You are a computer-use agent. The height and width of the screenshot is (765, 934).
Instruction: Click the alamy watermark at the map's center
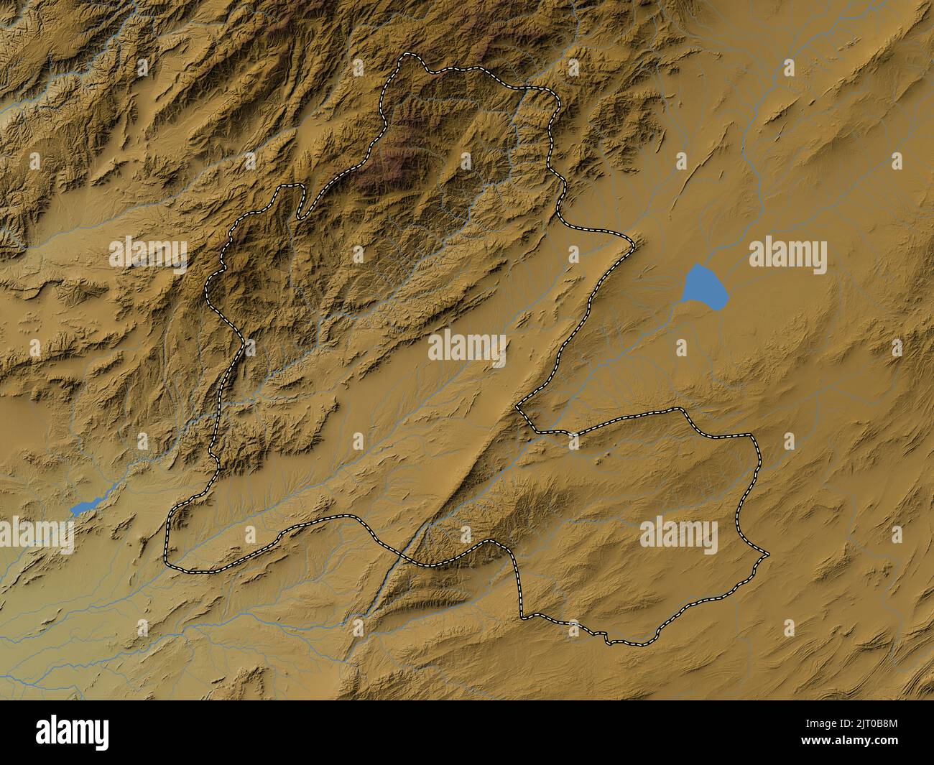point(467,346)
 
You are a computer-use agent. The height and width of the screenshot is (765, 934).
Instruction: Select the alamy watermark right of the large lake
point(787,256)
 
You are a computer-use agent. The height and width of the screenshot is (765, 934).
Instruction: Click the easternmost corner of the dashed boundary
point(767,555)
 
